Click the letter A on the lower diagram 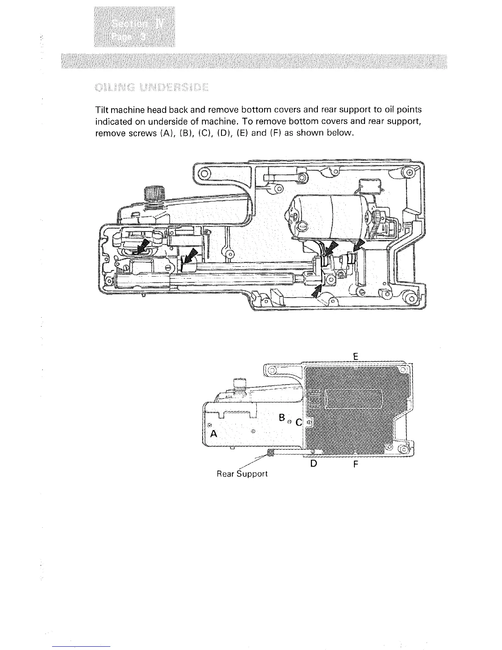(x=213, y=434)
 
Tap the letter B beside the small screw (x=281, y=418)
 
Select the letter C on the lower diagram (x=299, y=422)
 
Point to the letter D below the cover (x=313, y=464)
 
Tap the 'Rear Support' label (x=242, y=474)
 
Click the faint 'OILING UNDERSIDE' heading (x=151, y=88)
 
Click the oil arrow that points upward (x=316, y=292)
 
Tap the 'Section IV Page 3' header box (x=134, y=27)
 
